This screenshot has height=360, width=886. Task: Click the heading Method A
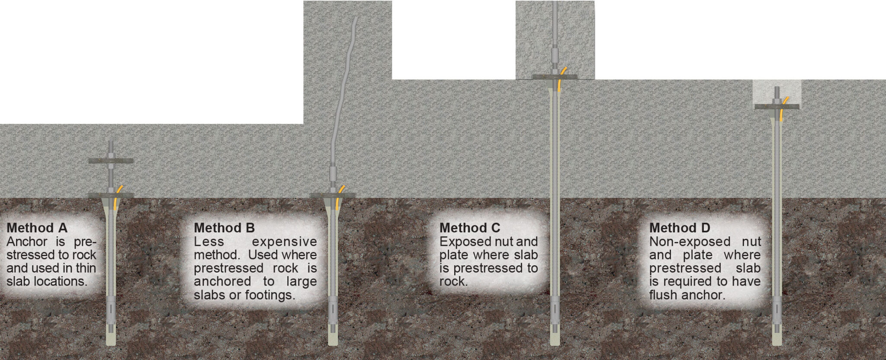tap(37, 228)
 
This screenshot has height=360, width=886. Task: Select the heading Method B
tap(224, 228)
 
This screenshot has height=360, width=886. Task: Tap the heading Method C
tap(470, 228)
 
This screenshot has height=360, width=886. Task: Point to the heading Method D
tap(680, 228)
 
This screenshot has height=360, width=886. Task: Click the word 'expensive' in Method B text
tap(284, 242)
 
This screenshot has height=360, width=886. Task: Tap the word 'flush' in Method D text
tap(664, 296)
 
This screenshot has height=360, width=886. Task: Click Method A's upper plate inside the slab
tap(111, 161)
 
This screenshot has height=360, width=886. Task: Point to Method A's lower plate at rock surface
tap(111, 195)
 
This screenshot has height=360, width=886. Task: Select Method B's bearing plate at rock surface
tap(333, 196)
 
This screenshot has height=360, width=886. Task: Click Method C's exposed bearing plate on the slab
tap(555, 77)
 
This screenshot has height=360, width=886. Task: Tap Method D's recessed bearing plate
tap(777, 106)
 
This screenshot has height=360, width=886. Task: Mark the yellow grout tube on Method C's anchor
tap(561, 78)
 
